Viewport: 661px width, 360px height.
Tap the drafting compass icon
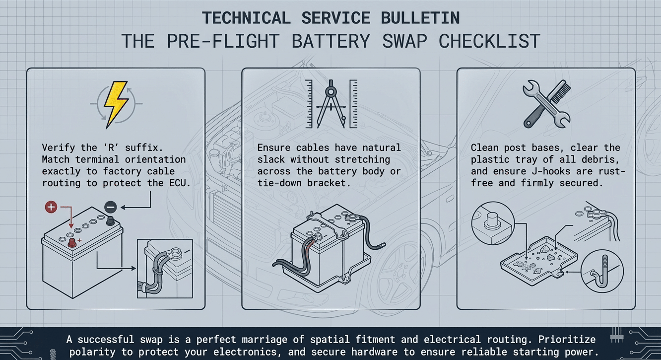click(331, 105)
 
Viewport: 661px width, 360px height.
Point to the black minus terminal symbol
click(110, 207)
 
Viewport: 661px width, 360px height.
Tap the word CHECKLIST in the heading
click(489, 41)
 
